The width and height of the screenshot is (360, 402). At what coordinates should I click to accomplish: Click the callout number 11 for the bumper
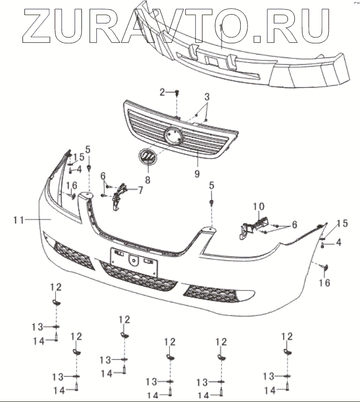(x=19, y=220)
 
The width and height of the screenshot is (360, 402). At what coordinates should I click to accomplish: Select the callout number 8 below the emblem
(x=147, y=179)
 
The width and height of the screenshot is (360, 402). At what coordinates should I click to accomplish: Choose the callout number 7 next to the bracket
(x=140, y=190)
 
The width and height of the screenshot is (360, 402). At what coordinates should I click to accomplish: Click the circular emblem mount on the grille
(x=173, y=134)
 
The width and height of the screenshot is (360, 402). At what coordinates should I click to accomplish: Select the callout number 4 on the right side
(x=338, y=242)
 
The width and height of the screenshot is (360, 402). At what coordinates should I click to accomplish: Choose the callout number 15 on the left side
(x=78, y=157)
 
